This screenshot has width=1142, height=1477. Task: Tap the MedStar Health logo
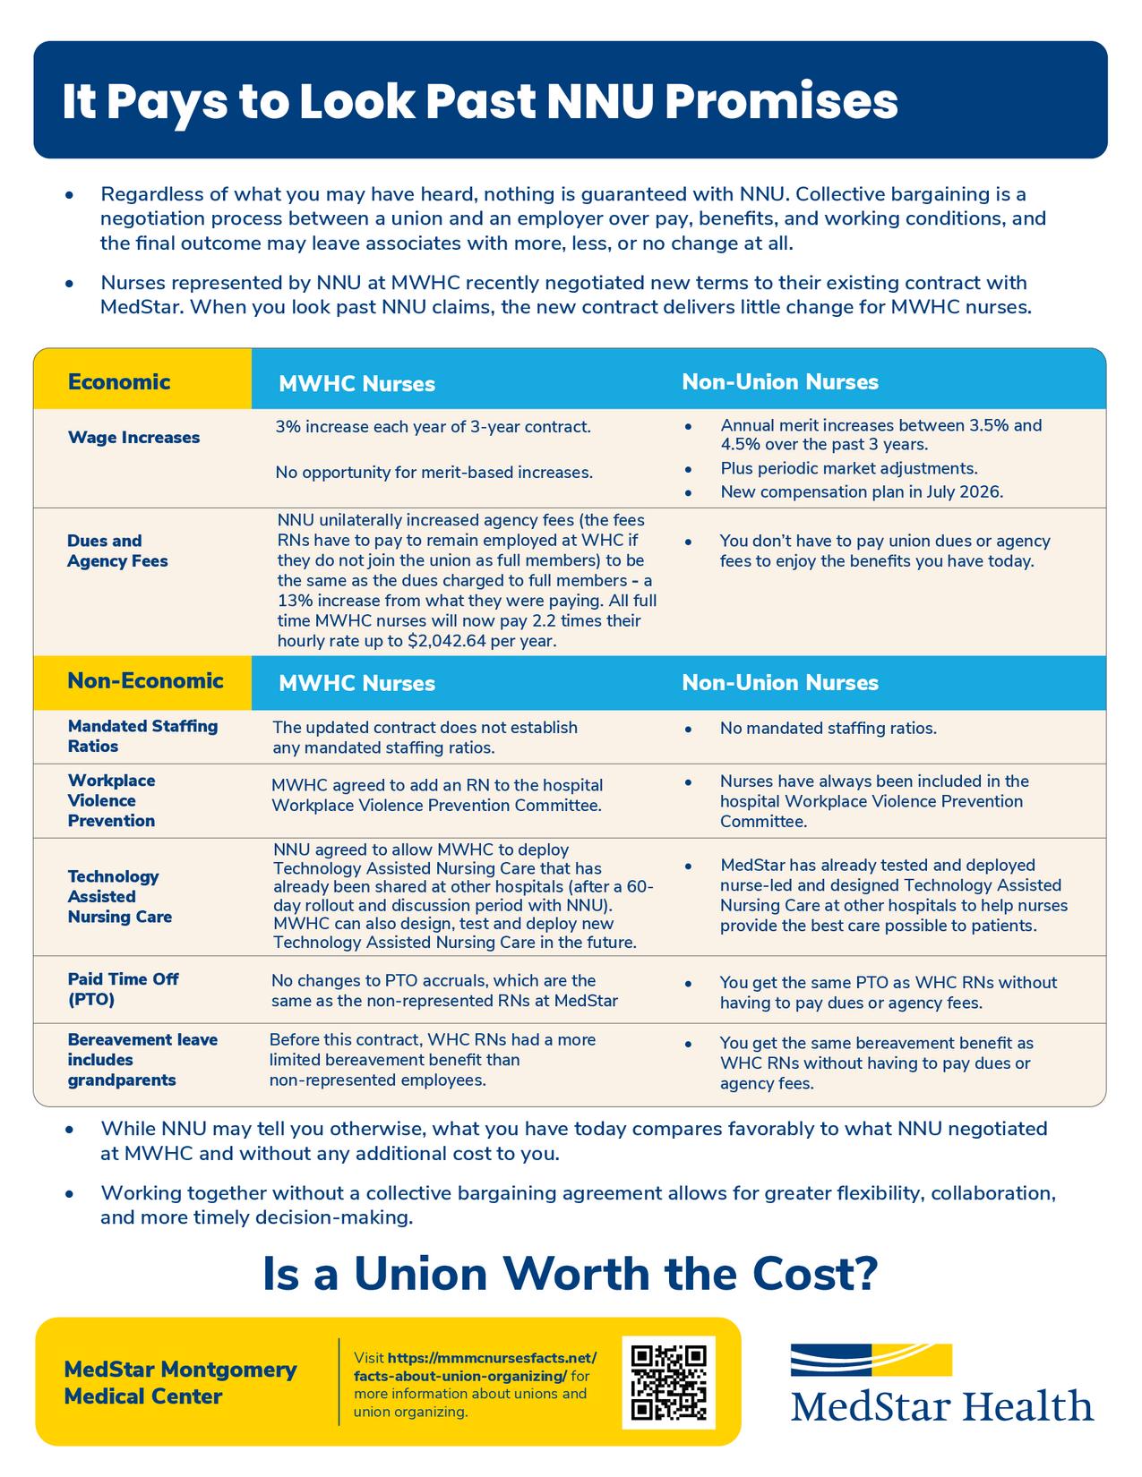coord(941,1383)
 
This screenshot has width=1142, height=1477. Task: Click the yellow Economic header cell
coord(142,382)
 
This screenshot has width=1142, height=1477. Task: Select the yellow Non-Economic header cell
coord(142,681)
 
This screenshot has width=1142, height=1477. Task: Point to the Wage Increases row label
coord(133,438)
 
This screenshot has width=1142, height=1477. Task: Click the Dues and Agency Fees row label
coord(117,551)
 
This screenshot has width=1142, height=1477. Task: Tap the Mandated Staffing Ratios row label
coord(142,736)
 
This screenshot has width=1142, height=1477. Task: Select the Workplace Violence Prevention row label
coord(112,800)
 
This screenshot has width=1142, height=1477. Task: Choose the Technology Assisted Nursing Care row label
coord(119,896)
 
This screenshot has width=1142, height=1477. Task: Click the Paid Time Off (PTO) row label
coord(123,989)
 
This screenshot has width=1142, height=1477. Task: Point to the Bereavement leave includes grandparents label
coord(142,1060)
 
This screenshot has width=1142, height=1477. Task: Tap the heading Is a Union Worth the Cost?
coord(570,1274)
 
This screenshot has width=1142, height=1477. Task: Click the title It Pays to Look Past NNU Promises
coord(480,102)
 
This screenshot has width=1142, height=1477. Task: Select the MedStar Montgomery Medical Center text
coord(180,1382)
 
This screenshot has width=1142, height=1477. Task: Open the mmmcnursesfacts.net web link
coord(475,1366)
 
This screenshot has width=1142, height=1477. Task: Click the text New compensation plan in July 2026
coord(862,491)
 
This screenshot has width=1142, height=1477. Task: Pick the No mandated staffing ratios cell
coord(828,729)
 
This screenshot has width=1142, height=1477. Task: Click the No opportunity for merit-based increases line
coord(434,472)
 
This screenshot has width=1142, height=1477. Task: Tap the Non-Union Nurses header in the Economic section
coord(780,382)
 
